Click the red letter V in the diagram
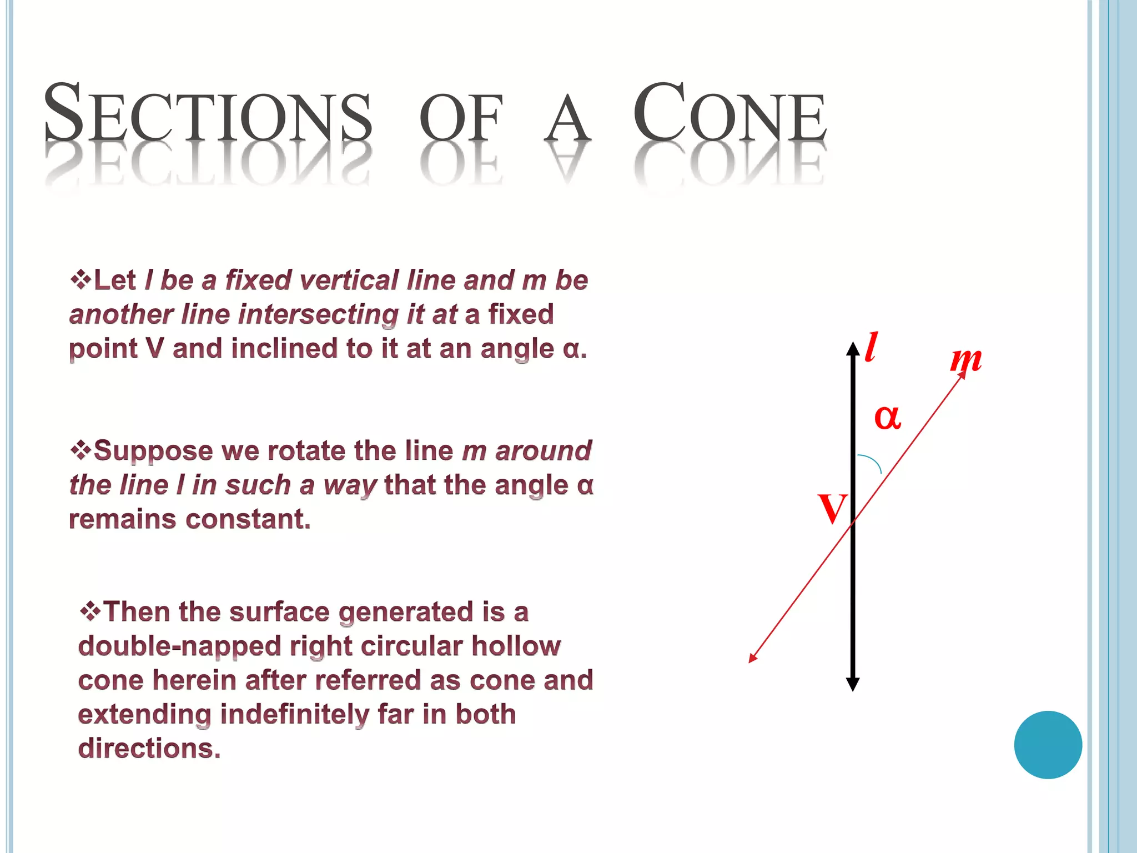(832, 508)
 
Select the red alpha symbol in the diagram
(887, 417)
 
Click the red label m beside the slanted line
(965, 359)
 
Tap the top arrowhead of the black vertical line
(853, 348)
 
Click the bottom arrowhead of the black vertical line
(853, 684)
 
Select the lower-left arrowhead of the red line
(753, 658)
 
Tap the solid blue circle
(1048, 745)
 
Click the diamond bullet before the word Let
(81, 279)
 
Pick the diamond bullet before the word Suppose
(81, 449)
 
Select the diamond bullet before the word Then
(90, 611)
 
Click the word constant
(248, 519)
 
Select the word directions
(149, 749)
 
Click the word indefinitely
(294, 714)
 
